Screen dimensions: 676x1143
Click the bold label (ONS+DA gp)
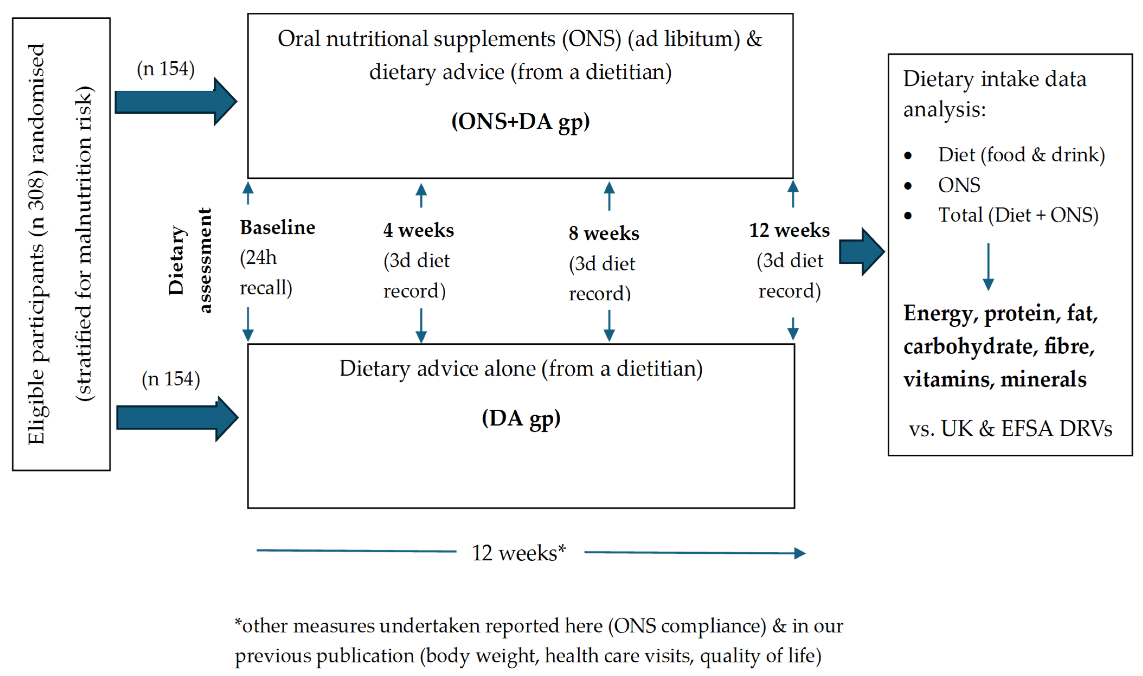pyautogui.click(x=520, y=122)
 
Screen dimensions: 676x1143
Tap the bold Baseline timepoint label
pyautogui.click(x=277, y=227)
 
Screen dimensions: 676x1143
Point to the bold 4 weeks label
pyautogui.click(x=418, y=230)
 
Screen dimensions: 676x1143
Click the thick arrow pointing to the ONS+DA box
pyautogui.click(x=175, y=102)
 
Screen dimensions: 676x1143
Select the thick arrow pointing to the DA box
pyautogui.click(x=177, y=418)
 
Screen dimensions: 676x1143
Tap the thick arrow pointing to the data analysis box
pyautogui.click(x=861, y=252)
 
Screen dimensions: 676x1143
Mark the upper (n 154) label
pyautogui.click(x=166, y=69)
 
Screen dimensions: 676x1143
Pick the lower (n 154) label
pyautogui.click(x=171, y=379)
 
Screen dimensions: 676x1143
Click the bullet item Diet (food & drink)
pyautogui.click(x=1021, y=155)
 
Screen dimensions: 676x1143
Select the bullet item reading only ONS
pyautogui.click(x=959, y=185)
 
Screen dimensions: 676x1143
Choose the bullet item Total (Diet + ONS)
pyautogui.click(x=1018, y=215)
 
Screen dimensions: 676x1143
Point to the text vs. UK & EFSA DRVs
pyautogui.click(x=1010, y=429)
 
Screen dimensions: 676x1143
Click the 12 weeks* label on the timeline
pyautogui.click(x=519, y=553)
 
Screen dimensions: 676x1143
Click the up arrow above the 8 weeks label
pyautogui.click(x=609, y=196)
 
